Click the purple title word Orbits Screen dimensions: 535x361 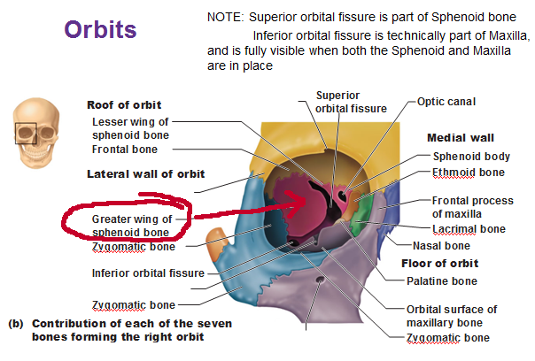(100, 29)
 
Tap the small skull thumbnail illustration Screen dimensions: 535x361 (36, 133)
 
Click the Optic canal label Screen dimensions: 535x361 (446, 102)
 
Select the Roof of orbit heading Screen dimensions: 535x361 (124, 105)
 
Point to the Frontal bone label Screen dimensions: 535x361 (125, 150)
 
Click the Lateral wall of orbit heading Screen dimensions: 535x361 (145, 174)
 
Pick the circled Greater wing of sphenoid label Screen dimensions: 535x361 (132, 226)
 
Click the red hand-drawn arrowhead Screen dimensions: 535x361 (298, 204)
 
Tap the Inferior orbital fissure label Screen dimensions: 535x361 (148, 273)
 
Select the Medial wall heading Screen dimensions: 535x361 (461, 138)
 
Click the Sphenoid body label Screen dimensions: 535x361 (471, 157)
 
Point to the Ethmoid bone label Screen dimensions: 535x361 (469, 173)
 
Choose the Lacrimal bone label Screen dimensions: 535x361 (469, 229)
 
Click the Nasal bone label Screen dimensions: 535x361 (441, 246)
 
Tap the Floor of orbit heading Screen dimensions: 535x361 (440, 264)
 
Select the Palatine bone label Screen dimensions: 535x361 (442, 281)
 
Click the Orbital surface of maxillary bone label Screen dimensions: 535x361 (452, 316)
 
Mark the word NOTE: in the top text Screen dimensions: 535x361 (226, 17)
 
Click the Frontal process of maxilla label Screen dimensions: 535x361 (473, 207)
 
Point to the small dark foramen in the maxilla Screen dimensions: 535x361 (320, 280)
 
